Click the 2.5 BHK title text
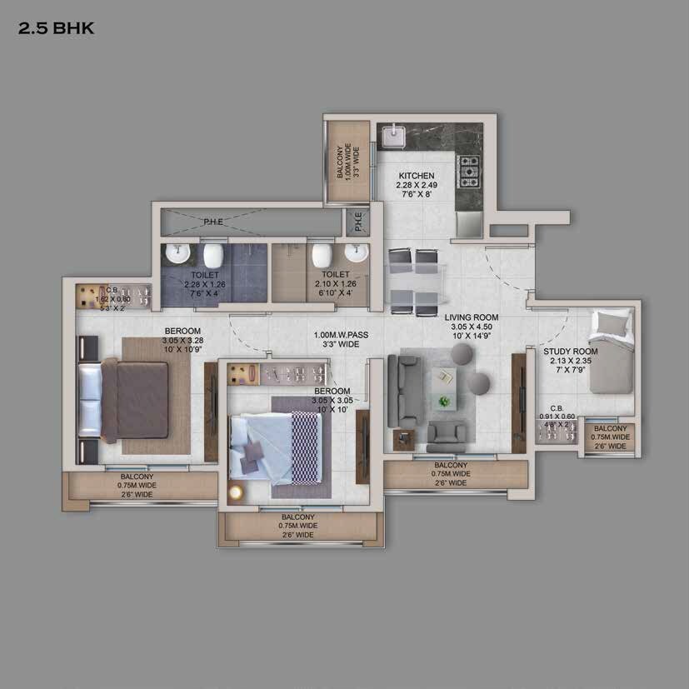coord(57,28)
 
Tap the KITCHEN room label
coord(416,176)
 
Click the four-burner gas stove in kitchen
coord(471,170)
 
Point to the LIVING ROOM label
coord(471,317)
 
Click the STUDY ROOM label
coord(571,352)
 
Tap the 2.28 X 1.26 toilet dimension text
coord(205,283)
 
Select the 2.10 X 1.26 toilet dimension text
coord(336,283)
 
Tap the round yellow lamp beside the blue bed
coord(236,493)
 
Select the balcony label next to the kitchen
coord(340,162)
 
